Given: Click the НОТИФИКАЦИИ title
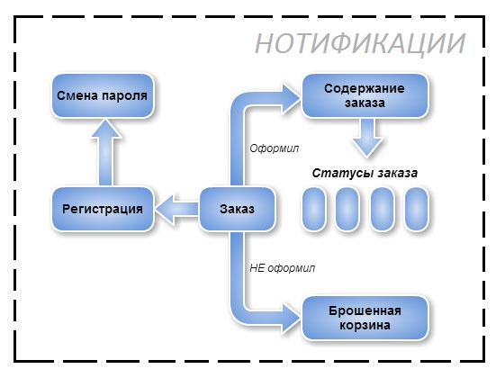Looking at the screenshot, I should [x=360, y=44].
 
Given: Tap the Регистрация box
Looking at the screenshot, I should [x=103, y=209].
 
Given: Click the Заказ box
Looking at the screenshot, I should [x=236, y=209].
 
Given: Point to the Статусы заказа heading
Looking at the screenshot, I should [x=365, y=172].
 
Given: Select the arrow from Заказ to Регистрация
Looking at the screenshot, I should [x=176, y=210].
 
